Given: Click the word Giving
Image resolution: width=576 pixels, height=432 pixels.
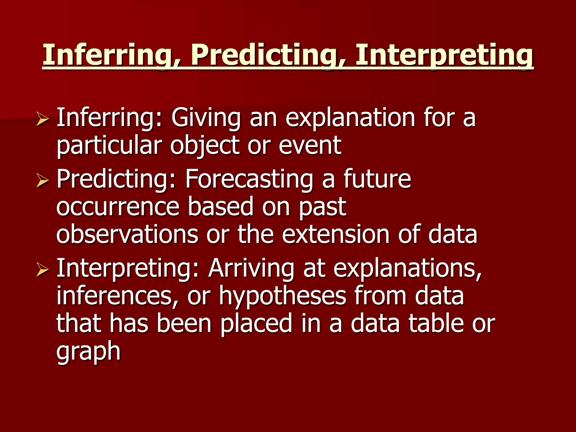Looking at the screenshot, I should pyautogui.click(x=206, y=118).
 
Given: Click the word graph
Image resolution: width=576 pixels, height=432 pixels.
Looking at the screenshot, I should pyautogui.click(x=88, y=351).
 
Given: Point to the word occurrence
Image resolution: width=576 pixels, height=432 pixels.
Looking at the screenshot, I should pyautogui.click(x=118, y=207).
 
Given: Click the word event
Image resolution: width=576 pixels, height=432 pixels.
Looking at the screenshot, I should pyautogui.click(x=310, y=146).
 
